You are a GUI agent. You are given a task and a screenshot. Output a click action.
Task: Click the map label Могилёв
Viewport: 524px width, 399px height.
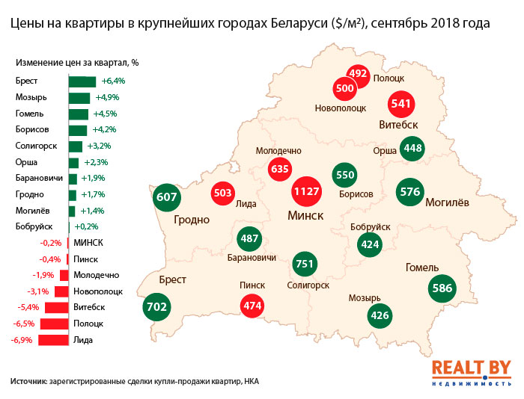(448, 202)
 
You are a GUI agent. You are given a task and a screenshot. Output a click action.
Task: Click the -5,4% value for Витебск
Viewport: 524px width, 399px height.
(25, 307)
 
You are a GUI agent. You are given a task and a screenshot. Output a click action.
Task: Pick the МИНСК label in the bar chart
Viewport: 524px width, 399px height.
(88, 243)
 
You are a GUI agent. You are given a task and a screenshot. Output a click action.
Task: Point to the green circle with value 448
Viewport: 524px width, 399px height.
(413, 149)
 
